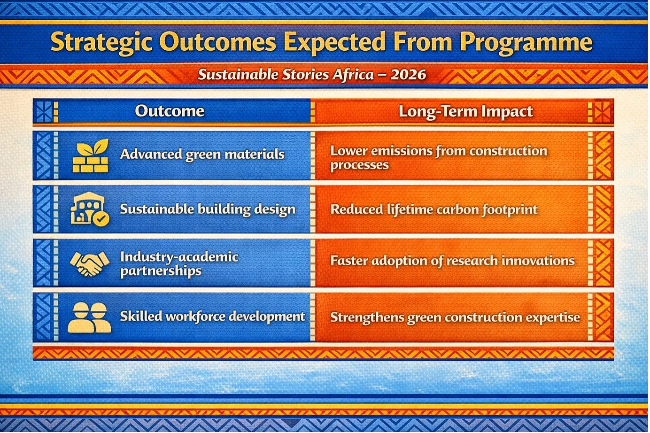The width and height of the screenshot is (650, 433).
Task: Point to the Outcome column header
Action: click(x=170, y=111)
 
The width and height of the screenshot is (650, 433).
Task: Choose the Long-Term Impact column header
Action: click(x=466, y=112)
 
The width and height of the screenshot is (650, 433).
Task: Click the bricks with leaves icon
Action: click(x=90, y=155)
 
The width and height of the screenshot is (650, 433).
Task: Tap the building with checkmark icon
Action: click(x=90, y=209)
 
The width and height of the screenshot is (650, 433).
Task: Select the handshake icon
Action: click(x=90, y=263)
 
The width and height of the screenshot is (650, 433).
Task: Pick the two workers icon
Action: click(x=89, y=317)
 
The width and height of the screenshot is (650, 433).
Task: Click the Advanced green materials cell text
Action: click(x=202, y=154)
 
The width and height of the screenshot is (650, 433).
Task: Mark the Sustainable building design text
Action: click(x=208, y=209)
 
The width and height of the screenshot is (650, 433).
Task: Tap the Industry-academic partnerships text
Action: click(x=179, y=264)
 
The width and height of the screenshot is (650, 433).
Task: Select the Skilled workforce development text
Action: click(x=212, y=317)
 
